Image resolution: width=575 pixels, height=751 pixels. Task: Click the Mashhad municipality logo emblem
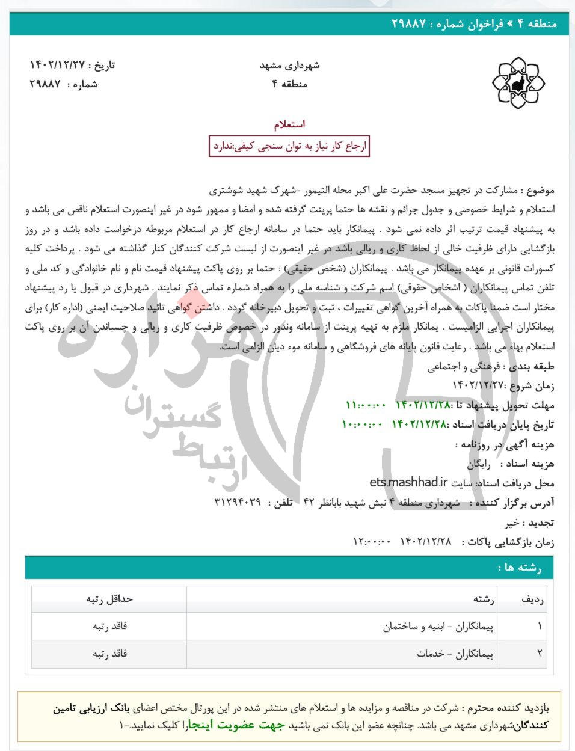[518, 84]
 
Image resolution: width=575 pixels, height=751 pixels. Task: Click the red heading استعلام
[289, 124]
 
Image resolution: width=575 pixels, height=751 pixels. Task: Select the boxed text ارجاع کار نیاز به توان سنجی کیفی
[289, 146]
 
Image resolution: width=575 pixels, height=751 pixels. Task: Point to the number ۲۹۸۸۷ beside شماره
[46, 84]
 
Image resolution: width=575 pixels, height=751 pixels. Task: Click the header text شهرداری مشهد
[289, 65]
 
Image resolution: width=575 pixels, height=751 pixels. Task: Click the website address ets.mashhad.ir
[409, 482]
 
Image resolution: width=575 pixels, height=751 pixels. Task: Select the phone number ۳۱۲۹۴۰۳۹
[237, 502]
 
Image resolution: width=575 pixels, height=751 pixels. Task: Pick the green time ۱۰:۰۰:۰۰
[362, 425]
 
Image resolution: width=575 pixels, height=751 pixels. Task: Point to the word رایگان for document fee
[479, 464]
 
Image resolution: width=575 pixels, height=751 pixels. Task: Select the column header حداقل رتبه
[109, 598]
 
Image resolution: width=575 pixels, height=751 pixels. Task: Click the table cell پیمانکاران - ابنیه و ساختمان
[438, 626]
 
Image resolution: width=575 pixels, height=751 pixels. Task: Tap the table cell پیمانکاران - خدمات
[455, 654]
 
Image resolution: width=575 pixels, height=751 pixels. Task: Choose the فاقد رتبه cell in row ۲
[109, 654]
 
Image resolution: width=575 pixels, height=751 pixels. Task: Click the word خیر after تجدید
[512, 523]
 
